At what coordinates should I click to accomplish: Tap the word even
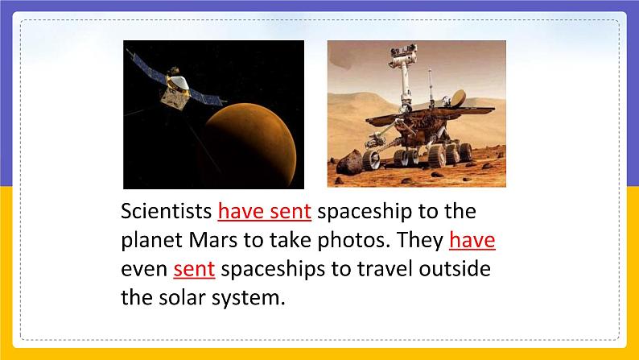pyautogui.click(x=143, y=269)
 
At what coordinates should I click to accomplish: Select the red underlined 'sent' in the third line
pyautogui.click(x=194, y=269)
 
